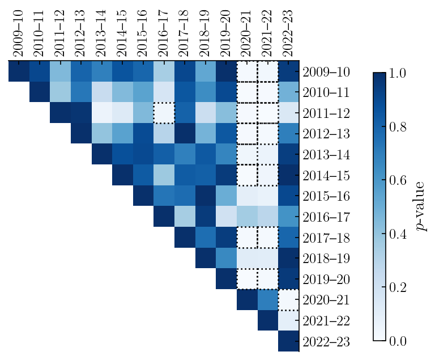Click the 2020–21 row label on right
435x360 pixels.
(x=326, y=300)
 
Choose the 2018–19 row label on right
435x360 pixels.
(x=326, y=259)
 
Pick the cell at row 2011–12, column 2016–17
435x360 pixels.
(x=164, y=112)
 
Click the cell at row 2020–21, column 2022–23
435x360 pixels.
(x=289, y=299)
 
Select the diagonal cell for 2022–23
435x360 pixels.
(x=289, y=341)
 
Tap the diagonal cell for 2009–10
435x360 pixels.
(x=19, y=71)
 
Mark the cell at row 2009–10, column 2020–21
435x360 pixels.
(x=247, y=71)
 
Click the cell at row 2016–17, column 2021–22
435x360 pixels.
(x=268, y=216)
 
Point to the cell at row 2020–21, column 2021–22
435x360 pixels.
(x=268, y=299)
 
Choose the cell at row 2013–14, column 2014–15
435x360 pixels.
(x=123, y=154)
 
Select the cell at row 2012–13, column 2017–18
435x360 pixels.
(x=185, y=133)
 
